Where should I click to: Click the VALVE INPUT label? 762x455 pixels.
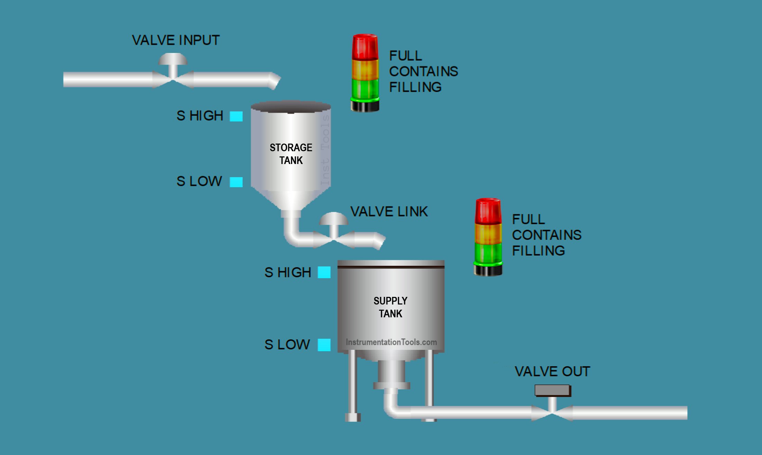[175, 40]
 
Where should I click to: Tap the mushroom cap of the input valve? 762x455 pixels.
[173, 59]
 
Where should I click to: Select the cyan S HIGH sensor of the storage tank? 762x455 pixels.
[236, 116]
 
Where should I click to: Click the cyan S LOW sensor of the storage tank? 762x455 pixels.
[236, 182]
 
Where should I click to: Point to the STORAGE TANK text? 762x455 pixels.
[291, 154]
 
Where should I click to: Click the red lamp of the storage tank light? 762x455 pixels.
[365, 47]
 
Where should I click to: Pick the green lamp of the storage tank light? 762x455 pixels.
[365, 88]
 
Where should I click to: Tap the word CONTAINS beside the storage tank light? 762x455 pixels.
[423, 71]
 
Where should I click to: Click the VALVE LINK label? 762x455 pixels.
[389, 211]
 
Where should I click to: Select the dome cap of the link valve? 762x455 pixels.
[333, 219]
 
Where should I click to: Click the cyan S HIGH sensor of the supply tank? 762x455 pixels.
[324, 272]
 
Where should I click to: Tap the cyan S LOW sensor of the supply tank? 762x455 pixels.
[324, 345]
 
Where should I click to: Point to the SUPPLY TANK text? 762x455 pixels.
[390, 307]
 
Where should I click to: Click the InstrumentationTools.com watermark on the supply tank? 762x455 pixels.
[391, 342]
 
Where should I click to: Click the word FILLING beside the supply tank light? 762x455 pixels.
[538, 251]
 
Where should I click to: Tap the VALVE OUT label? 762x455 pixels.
[552, 371]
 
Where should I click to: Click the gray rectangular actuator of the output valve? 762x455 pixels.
[553, 391]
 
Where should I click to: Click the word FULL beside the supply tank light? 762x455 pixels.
[528, 219]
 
